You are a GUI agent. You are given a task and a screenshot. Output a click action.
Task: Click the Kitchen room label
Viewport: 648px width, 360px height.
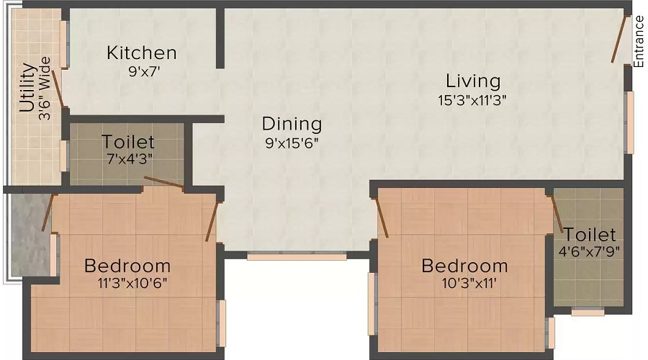tap(142, 53)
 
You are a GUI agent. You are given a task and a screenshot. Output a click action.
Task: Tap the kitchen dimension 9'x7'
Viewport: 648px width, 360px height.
tap(142, 71)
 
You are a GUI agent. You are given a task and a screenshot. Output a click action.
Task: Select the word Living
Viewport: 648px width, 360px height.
tap(472, 80)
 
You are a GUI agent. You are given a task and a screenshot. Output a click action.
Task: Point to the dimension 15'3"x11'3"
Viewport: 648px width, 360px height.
tap(472, 100)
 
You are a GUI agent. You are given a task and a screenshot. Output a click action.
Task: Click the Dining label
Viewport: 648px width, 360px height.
tap(292, 123)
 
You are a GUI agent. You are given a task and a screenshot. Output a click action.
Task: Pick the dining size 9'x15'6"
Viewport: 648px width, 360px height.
tap(292, 143)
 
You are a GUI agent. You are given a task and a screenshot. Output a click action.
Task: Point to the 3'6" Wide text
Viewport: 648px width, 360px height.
tap(45, 89)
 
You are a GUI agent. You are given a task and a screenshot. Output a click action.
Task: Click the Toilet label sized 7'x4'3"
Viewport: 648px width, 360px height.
tap(127, 141)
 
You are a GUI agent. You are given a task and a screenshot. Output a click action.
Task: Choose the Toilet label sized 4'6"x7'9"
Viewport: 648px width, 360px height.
tap(590, 235)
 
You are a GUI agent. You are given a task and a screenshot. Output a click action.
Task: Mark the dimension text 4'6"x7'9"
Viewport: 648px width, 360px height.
tap(590, 252)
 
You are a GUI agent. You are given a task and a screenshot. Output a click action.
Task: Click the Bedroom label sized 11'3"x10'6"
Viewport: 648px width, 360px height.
tap(127, 266)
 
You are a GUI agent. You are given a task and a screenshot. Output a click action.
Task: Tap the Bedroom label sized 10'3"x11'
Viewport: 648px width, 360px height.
tap(464, 266)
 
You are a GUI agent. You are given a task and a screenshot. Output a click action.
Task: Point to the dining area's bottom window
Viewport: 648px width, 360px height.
tap(297, 255)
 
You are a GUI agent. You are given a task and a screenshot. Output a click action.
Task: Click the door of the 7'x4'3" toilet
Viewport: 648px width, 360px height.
tap(163, 182)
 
